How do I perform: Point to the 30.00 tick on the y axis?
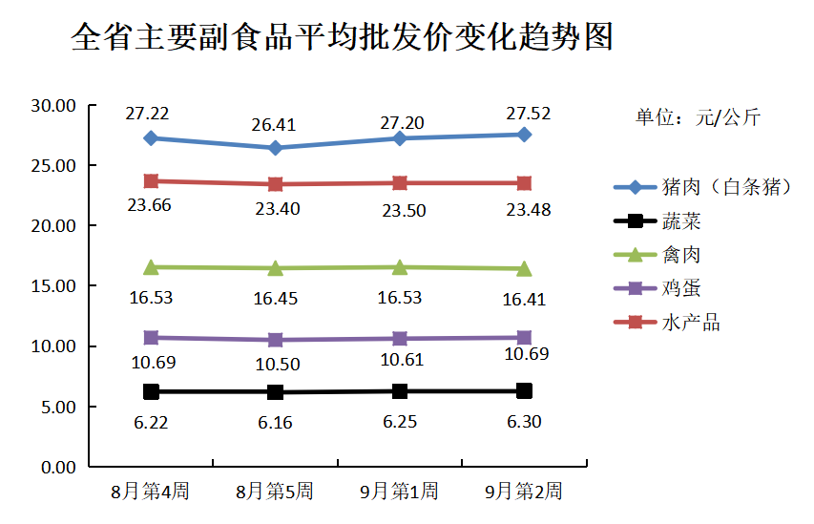point(53,105)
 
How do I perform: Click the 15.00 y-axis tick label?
point(53,285)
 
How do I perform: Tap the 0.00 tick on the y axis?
point(58,467)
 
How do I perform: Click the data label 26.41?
point(275,125)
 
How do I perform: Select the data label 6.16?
point(275,420)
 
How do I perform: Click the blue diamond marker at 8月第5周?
point(275,148)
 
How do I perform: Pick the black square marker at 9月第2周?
point(524,390)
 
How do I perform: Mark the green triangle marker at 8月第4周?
point(151,266)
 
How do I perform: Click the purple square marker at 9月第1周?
point(400,338)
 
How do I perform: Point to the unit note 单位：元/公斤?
point(699,118)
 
